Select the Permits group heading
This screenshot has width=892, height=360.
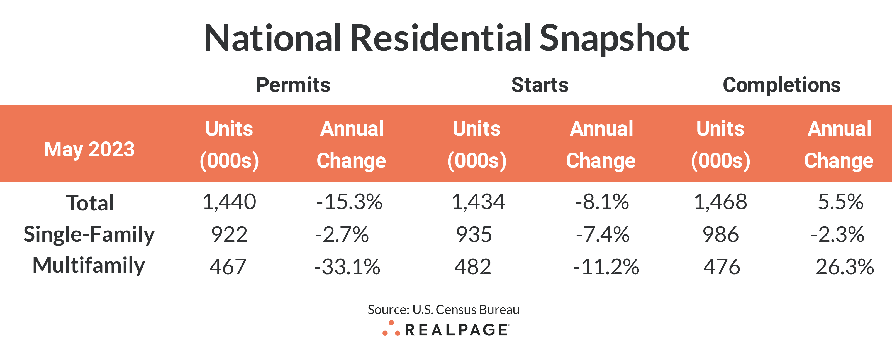point(293,85)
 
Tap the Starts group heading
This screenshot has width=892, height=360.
point(540,85)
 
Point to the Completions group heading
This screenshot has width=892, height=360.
point(781,85)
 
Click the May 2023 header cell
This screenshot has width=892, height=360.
point(89,149)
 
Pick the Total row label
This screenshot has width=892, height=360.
point(90,203)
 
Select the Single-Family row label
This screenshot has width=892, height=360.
point(89,234)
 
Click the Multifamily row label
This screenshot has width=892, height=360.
point(89,266)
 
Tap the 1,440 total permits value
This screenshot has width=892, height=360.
point(229,202)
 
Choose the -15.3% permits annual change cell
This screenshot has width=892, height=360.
point(349,202)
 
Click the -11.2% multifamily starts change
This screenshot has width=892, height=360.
point(606,267)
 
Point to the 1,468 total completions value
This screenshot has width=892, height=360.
point(721,202)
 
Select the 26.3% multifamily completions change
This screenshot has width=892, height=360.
point(845,267)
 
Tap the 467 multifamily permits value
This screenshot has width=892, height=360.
point(228,267)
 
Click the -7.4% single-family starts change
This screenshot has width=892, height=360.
point(603,234)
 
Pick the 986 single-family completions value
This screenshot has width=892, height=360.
point(721,234)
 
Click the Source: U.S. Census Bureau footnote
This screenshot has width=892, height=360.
point(443,309)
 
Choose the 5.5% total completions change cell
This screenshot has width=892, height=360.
point(840,202)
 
